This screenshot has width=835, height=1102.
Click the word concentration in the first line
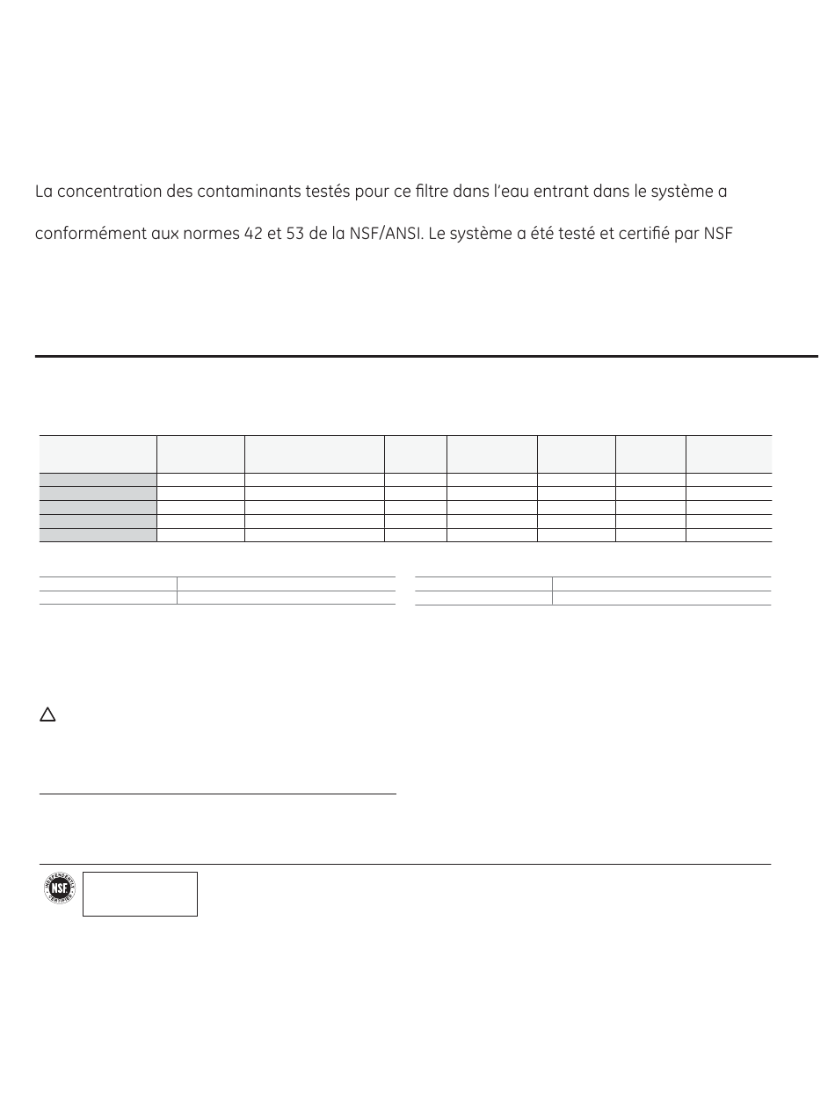(107, 192)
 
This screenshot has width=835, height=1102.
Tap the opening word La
(44, 192)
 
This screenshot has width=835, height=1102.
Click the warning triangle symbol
(47, 715)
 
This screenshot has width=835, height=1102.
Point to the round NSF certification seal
(60, 890)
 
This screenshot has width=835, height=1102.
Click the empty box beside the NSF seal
(140, 894)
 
